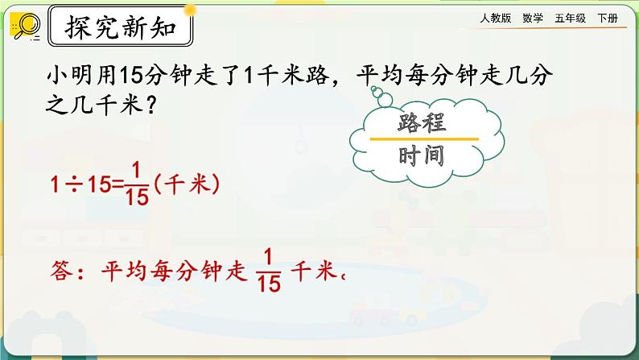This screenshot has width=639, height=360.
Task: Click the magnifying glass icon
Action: pos(25,27)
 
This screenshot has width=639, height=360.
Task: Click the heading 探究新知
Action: pos(120,31)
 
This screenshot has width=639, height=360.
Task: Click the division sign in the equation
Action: pos(84,184)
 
